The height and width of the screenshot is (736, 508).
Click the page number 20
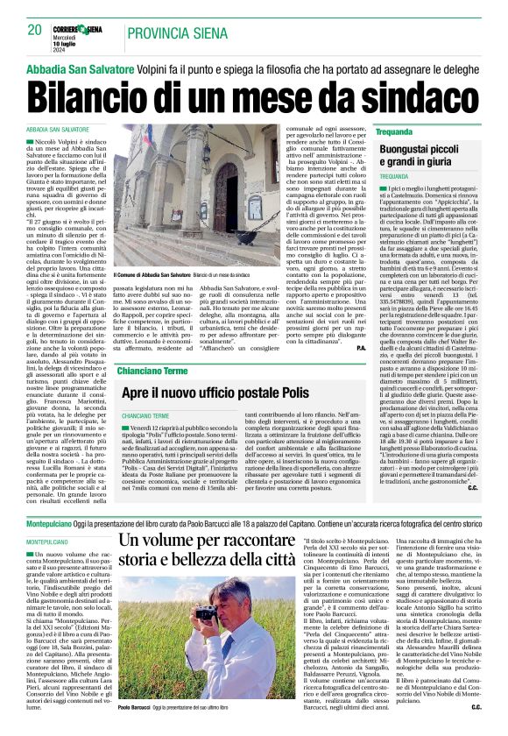34,31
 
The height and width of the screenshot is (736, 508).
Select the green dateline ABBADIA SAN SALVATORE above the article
59,129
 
